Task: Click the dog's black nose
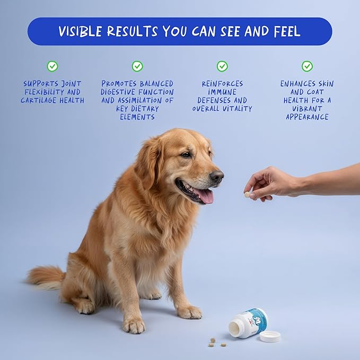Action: (217, 177)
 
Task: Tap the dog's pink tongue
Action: (205, 196)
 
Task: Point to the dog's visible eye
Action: (186, 154)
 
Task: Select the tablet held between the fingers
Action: (247, 195)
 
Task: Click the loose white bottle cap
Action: (270, 336)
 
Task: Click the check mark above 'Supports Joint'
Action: (52, 66)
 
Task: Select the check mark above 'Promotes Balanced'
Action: (137, 66)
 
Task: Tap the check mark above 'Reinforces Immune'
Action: (222, 66)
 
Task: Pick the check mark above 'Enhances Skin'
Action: (307, 66)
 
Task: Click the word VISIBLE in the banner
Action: (80, 31)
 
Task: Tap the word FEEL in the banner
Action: (287, 31)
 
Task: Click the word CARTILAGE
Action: (39, 100)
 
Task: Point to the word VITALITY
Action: (238, 109)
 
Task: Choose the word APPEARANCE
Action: (307, 117)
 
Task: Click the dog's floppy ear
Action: (149, 161)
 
